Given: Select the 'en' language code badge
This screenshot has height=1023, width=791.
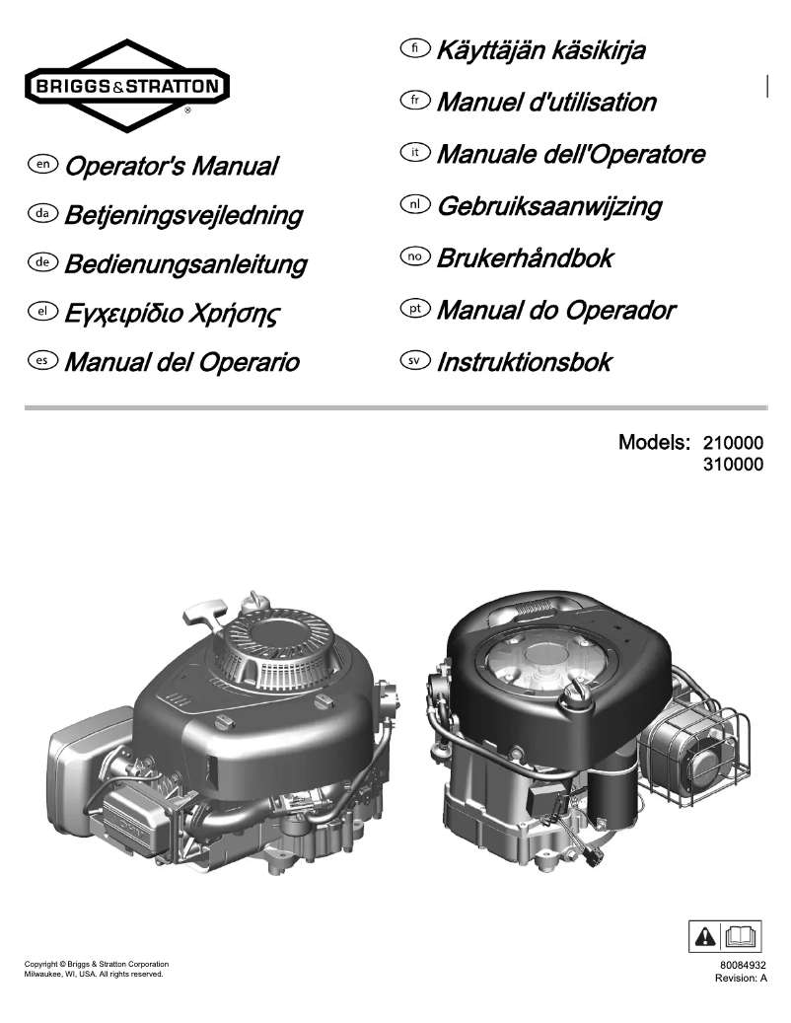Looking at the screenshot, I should [x=43, y=165].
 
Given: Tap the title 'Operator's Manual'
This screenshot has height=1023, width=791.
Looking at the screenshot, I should [x=171, y=166].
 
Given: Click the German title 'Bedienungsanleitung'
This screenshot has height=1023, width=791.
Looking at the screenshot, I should [x=184, y=265].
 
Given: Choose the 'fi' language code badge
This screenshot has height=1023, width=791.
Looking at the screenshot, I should [x=416, y=48].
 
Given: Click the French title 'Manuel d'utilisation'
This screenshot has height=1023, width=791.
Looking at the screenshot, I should [x=545, y=102].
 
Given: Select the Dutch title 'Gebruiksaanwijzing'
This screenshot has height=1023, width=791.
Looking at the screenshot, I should [x=548, y=206].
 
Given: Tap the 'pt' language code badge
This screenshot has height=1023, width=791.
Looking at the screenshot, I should [x=416, y=310].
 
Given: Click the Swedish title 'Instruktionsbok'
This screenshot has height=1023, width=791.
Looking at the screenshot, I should [x=523, y=362].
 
